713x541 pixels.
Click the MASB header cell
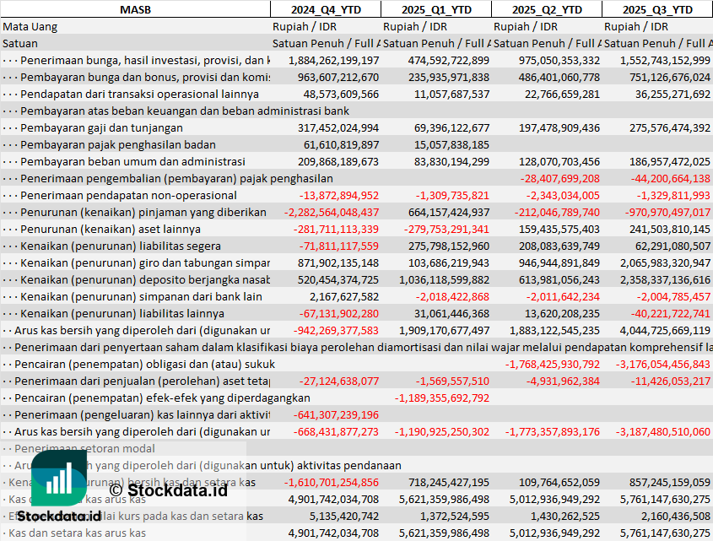point(135,9)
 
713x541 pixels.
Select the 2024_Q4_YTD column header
point(325,9)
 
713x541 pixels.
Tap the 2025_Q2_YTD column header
point(547,9)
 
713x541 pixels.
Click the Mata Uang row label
point(30,26)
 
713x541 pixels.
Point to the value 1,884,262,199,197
point(333,60)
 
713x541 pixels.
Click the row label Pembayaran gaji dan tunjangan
point(101,127)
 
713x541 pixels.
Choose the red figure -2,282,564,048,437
point(332,212)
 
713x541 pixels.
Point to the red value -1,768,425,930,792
point(553,364)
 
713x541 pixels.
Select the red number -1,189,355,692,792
point(441,398)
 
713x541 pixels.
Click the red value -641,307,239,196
point(336,414)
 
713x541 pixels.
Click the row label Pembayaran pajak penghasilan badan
point(118,144)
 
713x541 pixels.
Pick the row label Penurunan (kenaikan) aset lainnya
point(111,229)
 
